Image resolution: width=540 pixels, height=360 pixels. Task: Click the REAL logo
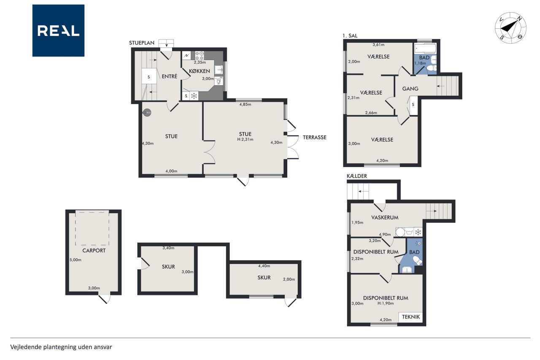[58, 31]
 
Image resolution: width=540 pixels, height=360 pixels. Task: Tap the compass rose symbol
[510, 28]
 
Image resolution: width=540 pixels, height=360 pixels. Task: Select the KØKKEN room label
[200, 71]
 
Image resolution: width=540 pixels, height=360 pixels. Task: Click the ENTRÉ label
[170, 76]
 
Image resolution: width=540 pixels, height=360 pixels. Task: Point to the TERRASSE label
[314, 138]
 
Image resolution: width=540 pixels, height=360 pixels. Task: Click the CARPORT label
[94, 251]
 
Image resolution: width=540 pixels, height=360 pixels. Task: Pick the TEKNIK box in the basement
[410, 317]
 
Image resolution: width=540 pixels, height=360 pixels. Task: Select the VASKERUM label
[385, 217]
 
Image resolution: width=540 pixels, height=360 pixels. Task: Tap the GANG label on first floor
[410, 89]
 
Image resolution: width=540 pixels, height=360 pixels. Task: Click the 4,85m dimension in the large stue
[245, 104]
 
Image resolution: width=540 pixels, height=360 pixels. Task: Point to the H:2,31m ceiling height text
[245, 139]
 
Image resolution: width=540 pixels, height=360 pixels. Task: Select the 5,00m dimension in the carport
[76, 260]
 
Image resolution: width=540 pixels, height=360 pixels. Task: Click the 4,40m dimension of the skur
[264, 266]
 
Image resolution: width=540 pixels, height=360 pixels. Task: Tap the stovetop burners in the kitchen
[200, 56]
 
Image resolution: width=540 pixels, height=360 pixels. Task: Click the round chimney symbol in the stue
[147, 113]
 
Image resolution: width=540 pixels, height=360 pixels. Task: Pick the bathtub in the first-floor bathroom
[425, 49]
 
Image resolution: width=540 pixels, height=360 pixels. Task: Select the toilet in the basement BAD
[417, 261]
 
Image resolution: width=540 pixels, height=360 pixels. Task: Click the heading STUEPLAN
[141, 43]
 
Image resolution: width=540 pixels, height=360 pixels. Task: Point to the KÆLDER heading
[357, 176]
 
